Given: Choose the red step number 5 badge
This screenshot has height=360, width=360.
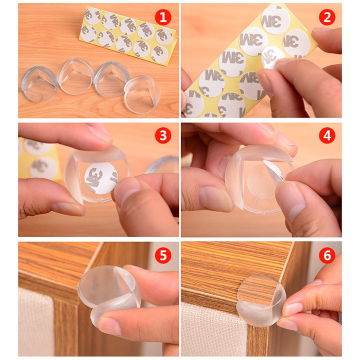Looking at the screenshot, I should pos(162,256).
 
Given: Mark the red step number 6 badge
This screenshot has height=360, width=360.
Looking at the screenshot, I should pos(327,256).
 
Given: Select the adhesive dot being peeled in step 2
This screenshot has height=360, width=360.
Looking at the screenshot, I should pos(273,56).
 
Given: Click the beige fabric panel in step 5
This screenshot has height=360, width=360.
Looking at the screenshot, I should pos(37,320).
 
